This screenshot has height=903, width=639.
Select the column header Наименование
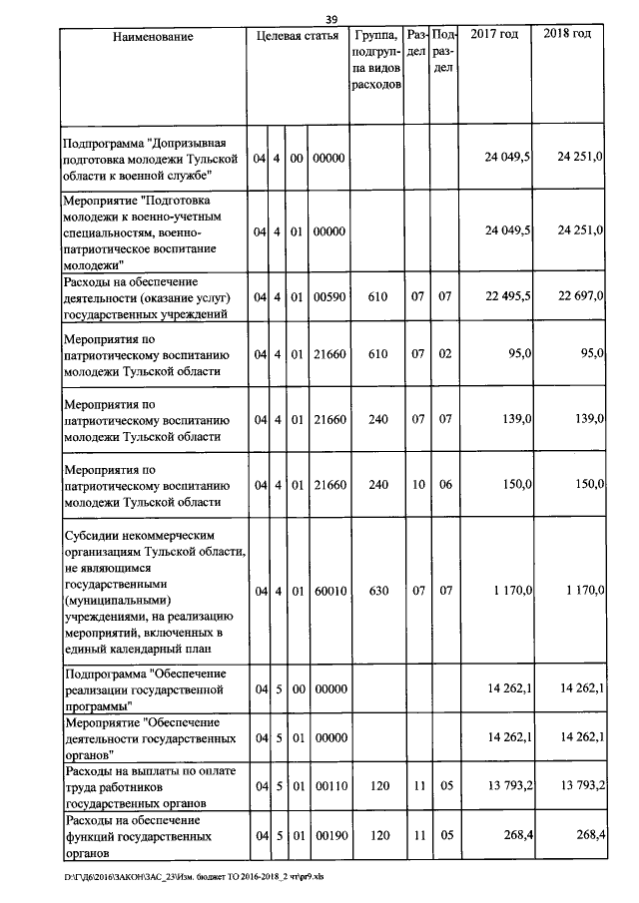(x=153, y=36)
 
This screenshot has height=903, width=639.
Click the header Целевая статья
(x=297, y=36)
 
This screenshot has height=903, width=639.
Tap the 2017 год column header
(x=494, y=35)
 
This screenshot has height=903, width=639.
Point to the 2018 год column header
(x=567, y=35)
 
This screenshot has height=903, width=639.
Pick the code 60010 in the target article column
(x=327, y=592)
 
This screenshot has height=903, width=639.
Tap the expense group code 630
(x=377, y=592)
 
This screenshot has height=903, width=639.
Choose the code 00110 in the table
(x=327, y=786)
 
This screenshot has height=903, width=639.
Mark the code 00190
(x=327, y=834)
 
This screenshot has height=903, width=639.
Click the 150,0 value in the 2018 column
(x=586, y=484)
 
